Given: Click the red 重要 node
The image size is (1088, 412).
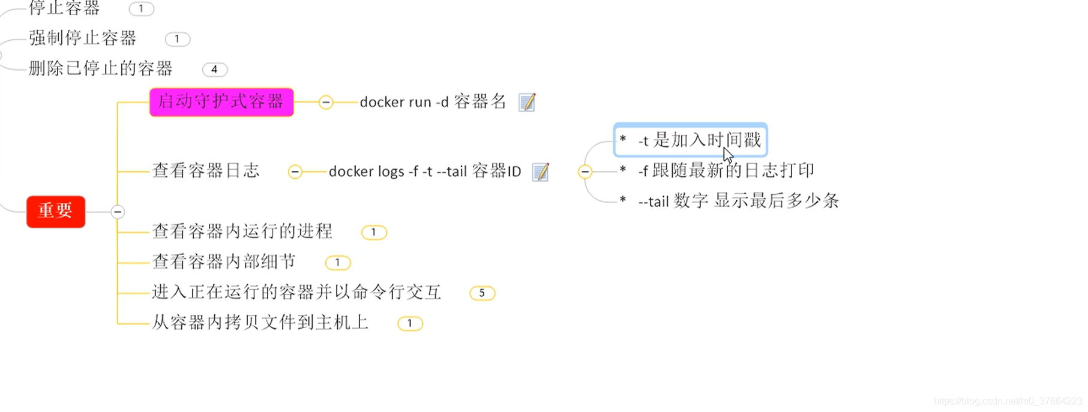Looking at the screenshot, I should tap(56, 211).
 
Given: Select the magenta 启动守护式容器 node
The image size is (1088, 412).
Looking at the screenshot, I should tap(221, 102).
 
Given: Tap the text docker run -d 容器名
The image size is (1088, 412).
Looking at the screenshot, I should tap(433, 102).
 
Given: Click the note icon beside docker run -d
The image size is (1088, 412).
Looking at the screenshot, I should tap(527, 103).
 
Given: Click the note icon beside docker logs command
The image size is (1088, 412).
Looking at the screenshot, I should tap(541, 172).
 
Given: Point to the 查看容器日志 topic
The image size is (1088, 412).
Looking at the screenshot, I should tap(206, 171).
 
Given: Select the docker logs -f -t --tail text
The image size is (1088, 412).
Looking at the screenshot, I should tap(425, 172).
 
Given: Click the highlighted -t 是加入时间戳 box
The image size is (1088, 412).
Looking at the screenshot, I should tap(690, 140).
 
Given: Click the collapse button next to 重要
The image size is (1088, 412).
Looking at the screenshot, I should tap(118, 212).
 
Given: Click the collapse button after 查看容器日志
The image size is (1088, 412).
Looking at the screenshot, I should tap(295, 172).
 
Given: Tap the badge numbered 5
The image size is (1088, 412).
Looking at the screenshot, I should tap(482, 293).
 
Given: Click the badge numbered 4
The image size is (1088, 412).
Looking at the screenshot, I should tap(214, 70).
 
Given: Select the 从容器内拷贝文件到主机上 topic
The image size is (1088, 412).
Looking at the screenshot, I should tap(260, 323).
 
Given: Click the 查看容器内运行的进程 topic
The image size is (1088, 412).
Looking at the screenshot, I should tap(242, 231).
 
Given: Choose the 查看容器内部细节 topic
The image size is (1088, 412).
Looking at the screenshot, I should tap(224, 262).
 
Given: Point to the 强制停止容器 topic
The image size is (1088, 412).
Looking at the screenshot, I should tap(83, 38).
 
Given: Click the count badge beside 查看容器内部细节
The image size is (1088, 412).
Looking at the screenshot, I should tap(337, 263).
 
